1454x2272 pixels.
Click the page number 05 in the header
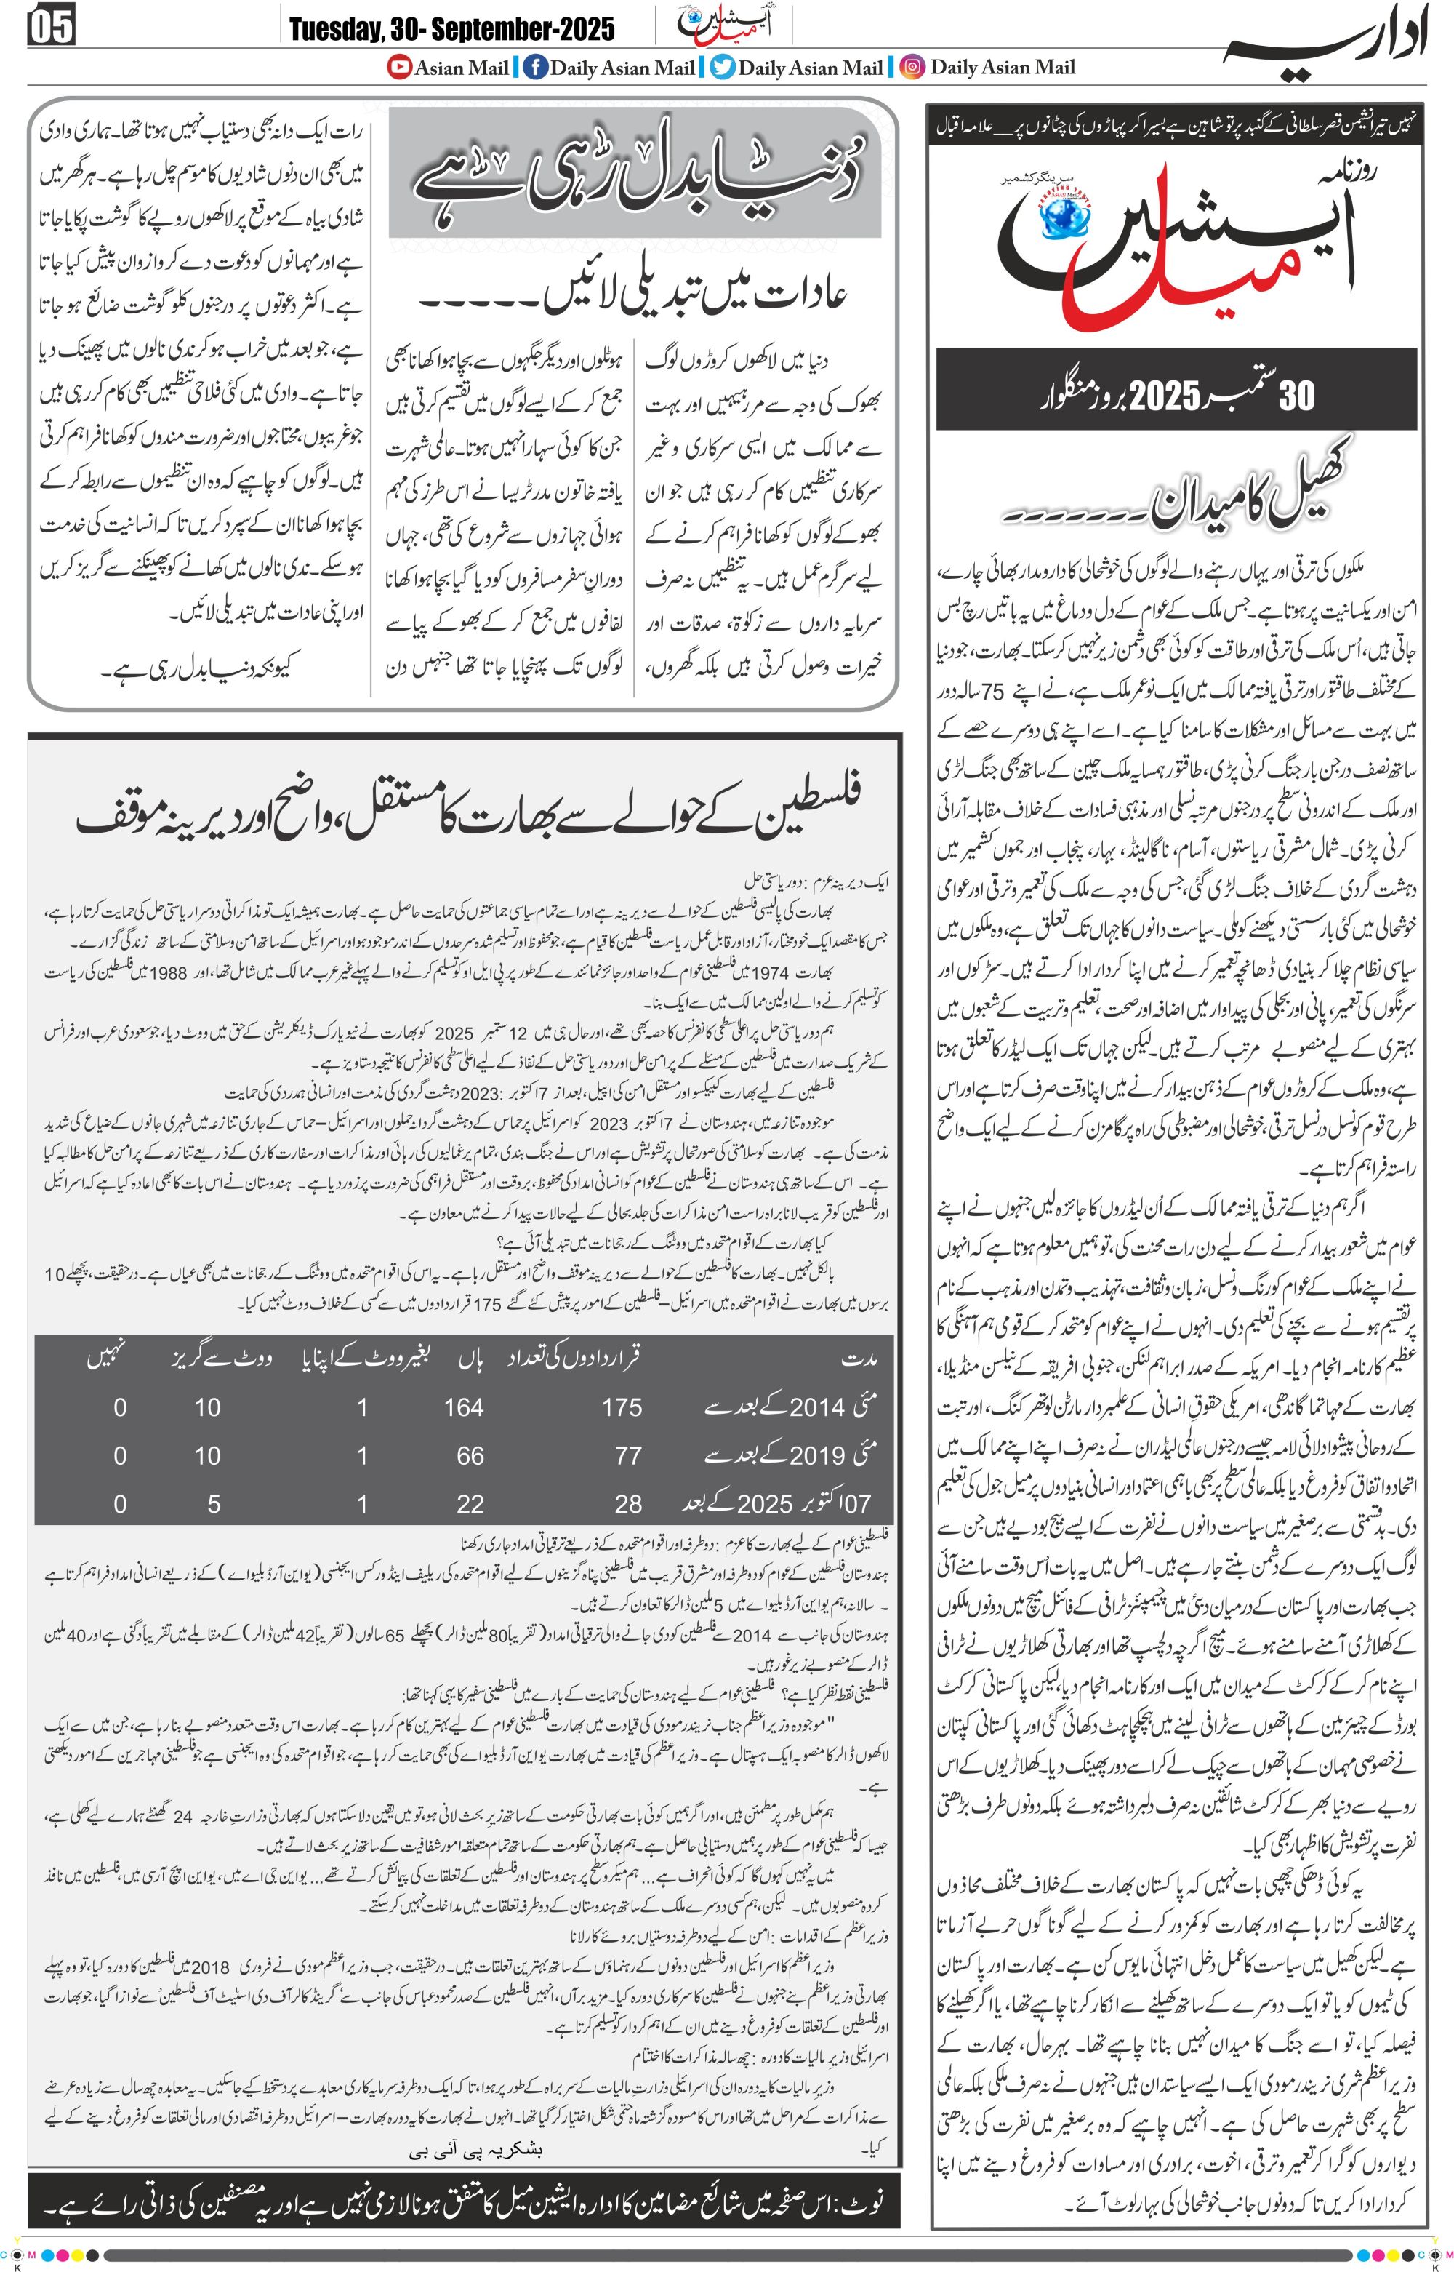[x=52, y=26]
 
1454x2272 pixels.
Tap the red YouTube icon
[x=401, y=67]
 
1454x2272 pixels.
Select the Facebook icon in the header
[x=534, y=67]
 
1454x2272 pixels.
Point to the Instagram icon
[x=912, y=67]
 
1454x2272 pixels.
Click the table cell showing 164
[x=464, y=1408]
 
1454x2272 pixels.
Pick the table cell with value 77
[x=628, y=1456]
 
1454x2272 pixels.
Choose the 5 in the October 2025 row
[x=214, y=1504]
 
